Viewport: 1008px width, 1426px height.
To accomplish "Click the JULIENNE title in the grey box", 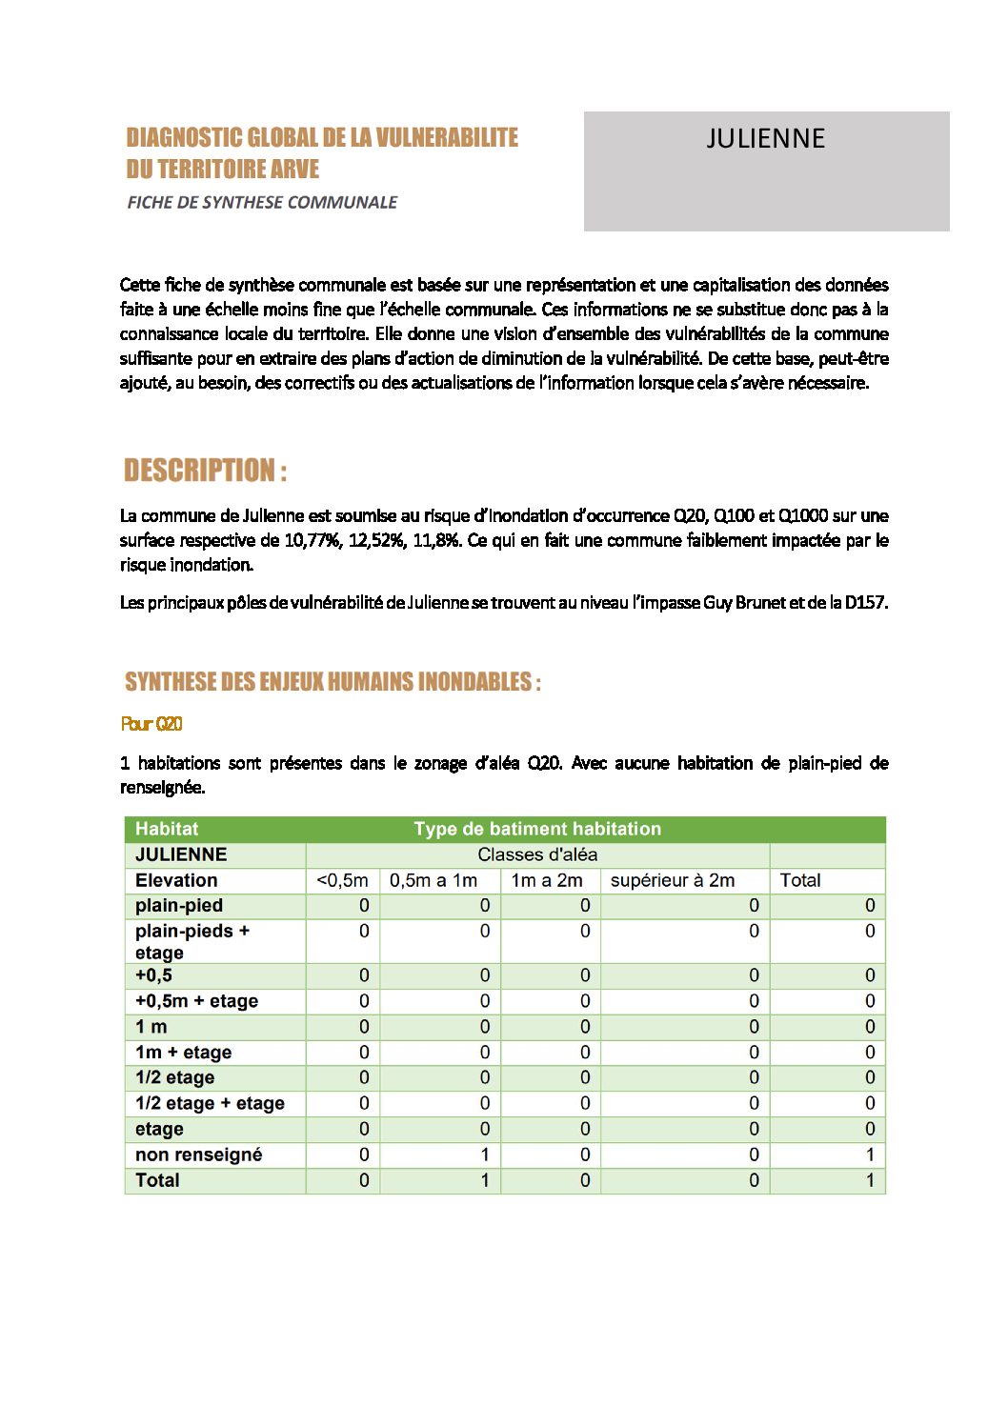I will pos(765,139).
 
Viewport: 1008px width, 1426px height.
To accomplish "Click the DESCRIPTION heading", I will pos(205,471).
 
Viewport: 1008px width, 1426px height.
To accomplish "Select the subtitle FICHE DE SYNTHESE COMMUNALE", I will pos(262,202).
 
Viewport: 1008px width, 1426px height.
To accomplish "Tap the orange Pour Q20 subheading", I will pos(151,724).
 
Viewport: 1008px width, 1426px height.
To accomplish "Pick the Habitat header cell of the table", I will pos(167,829).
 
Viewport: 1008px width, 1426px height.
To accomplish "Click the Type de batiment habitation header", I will pos(537,829).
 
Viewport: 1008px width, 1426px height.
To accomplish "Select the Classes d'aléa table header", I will pos(537,854).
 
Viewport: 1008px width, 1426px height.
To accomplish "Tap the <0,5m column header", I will pos(342,880).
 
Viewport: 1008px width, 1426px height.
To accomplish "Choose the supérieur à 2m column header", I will pos(673,880).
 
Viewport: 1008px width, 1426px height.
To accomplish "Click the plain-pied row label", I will pos(179,905).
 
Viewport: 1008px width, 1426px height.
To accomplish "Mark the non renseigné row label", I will pos(198,1155).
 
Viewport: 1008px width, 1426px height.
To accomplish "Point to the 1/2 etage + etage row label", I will pos(210,1103).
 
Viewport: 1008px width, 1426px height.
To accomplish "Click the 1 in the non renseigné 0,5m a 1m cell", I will pos(484,1155).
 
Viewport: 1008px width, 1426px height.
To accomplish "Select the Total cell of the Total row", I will pos(869,1180).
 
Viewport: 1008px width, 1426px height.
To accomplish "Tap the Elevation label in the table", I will pos(176,880).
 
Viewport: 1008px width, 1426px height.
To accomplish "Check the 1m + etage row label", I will pos(183,1053).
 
